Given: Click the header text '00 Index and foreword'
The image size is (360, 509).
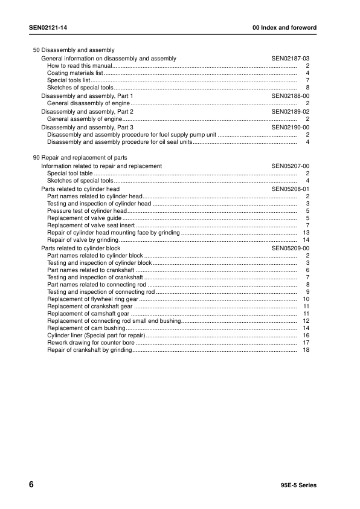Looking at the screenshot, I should click(284, 28).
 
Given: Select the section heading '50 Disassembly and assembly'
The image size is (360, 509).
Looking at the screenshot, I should click(74, 50).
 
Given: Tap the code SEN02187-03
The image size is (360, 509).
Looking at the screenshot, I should click(290, 59).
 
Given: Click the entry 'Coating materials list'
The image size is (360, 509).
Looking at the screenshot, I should click(75, 73).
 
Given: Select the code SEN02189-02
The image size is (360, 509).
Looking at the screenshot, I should click(290, 112).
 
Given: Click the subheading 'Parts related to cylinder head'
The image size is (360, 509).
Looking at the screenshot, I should click(80, 189).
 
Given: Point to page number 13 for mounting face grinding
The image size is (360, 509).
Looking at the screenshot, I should click(306, 233).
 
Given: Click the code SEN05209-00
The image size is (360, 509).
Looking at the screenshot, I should click(290, 248).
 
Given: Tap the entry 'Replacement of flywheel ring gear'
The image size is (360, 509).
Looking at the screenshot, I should click(92, 299).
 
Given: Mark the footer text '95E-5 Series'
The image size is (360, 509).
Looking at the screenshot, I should click(298, 485).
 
